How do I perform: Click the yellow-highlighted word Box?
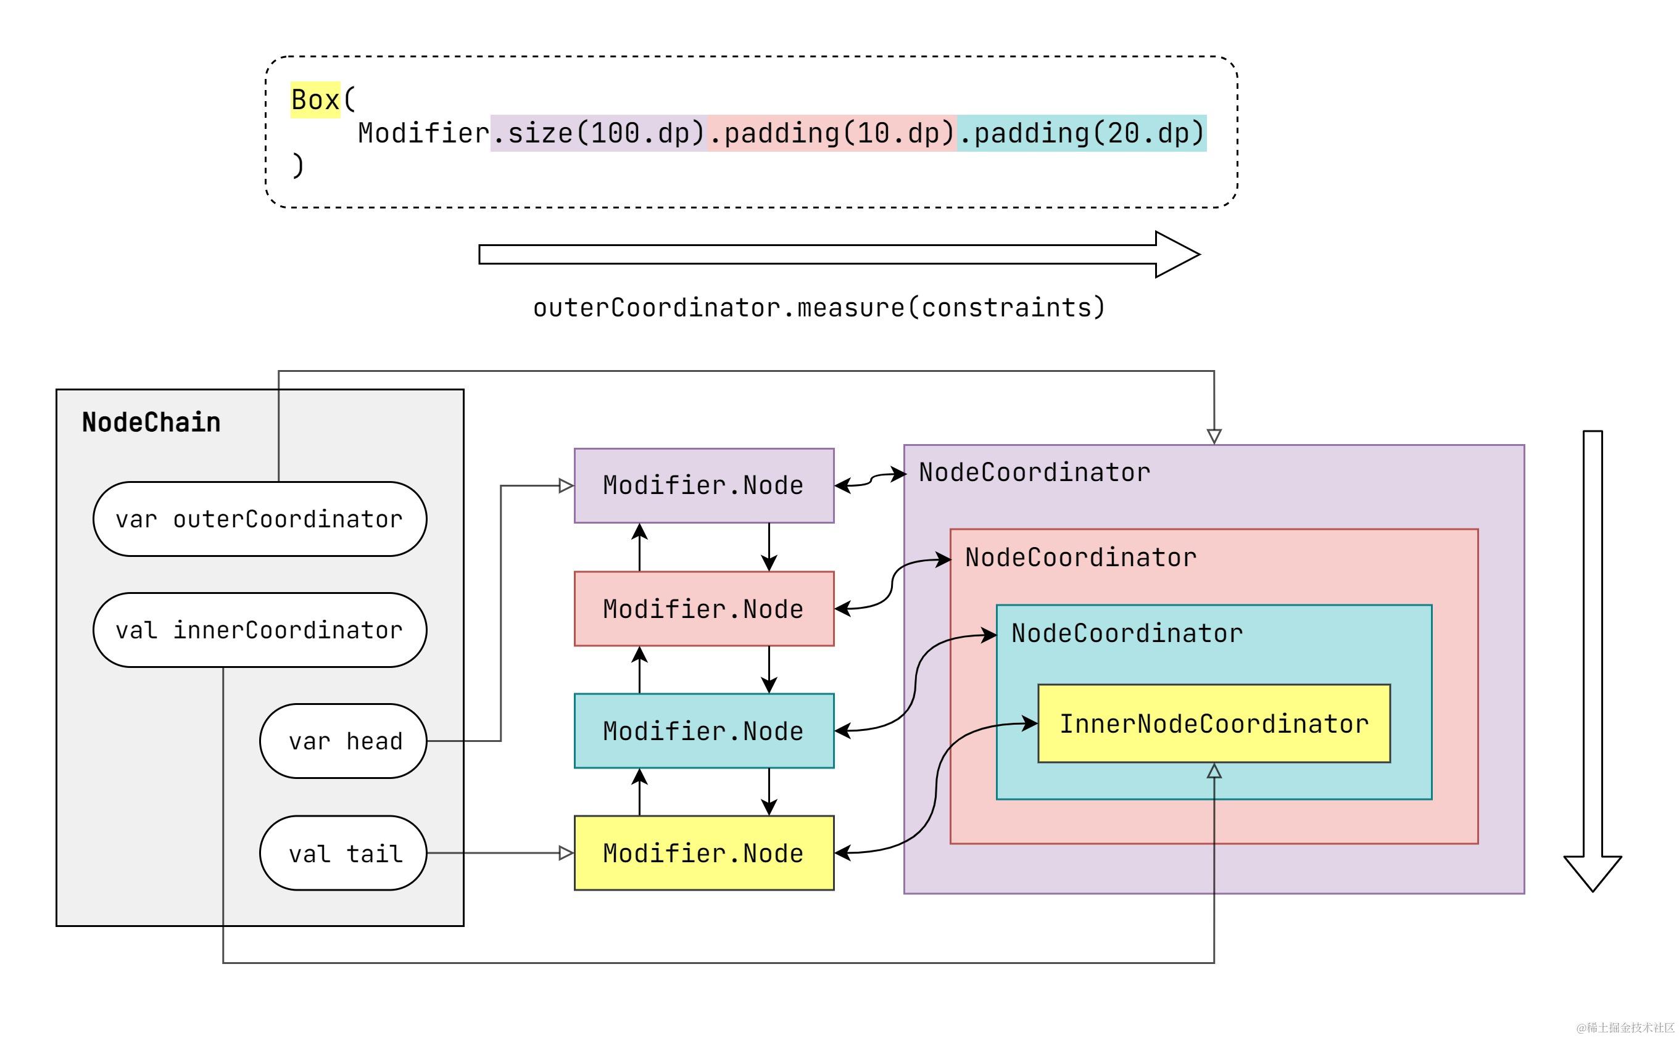[315, 99]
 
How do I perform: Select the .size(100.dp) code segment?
[598, 133]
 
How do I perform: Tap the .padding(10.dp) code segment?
[832, 133]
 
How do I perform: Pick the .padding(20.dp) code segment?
[1082, 133]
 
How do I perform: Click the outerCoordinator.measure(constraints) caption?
[819, 308]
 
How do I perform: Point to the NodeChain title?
[151, 422]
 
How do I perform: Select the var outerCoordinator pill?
[260, 519]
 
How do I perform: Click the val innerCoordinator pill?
[260, 630]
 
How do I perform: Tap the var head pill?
[343, 741]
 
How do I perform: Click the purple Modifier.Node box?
[704, 486]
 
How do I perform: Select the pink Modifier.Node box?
[704, 609]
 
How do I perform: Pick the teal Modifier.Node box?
[704, 731]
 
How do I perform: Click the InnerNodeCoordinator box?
[1214, 723]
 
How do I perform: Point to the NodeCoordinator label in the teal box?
[1127, 633]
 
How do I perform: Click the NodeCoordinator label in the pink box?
[1081, 558]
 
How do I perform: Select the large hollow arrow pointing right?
[839, 255]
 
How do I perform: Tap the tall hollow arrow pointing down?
[1593, 661]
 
